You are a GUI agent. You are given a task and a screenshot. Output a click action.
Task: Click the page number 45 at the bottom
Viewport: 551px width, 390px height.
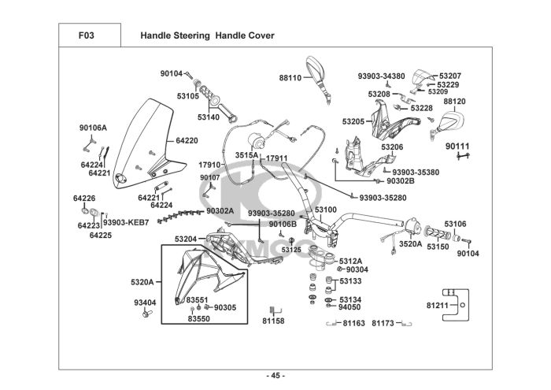click(x=275, y=374)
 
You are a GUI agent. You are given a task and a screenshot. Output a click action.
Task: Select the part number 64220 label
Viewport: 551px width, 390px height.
click(x=187, y=140)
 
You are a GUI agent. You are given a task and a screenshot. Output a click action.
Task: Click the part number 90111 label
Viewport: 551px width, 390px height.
click(x=457, y=147)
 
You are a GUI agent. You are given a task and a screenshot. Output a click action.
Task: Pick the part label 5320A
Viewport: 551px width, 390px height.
click(x=142, y=281)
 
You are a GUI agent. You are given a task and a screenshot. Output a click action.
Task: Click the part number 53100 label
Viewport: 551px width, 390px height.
click(x=326, y=210)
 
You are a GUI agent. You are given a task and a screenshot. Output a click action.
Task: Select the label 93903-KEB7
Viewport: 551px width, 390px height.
click(x=126, y=222)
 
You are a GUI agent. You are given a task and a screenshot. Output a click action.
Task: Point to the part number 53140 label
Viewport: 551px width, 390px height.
click(x=209, y=117)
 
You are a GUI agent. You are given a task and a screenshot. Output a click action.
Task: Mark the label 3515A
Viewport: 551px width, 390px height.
click(x=246, y=156)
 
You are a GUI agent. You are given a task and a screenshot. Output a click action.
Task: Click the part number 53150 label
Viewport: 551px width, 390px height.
click(x=438, y=247)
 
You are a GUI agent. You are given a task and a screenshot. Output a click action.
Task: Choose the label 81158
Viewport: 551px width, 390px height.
click(x=273, y=321)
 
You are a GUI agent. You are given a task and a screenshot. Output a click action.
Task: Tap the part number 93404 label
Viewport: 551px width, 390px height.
click(x=145, y=303)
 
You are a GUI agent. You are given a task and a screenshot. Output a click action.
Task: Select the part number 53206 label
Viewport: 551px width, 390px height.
click(x=392, y=147)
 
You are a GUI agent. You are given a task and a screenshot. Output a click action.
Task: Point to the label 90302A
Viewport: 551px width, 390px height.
click(x=220, y=210)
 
